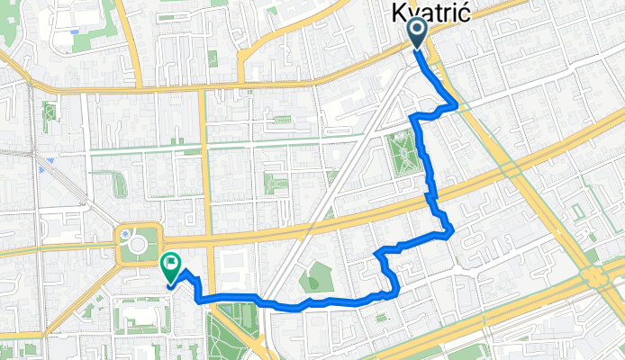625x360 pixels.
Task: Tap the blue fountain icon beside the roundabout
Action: tap(122, 236)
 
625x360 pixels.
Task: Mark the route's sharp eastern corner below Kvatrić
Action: tap(457, 106)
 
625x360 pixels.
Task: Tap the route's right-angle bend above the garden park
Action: tap(412, 117)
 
